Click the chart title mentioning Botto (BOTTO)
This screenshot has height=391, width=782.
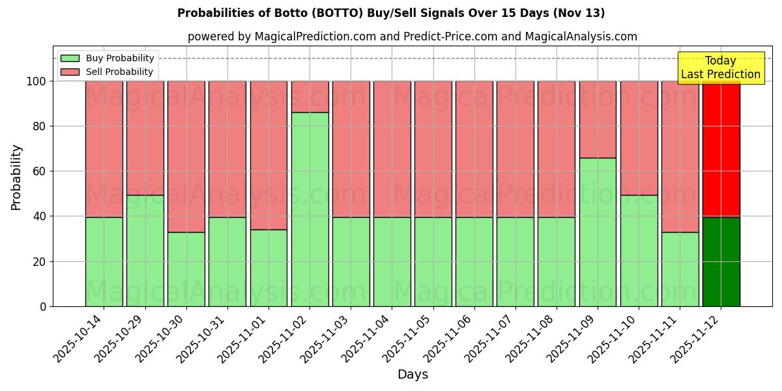(391, 13)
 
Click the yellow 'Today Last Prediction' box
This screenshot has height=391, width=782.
(720, 68)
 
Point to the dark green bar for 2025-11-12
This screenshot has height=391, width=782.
(721, 261)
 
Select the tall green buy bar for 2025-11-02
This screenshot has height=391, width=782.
(310, 209)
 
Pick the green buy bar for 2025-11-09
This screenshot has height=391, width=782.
(598, 232)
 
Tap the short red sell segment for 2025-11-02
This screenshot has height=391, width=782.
(310, 96)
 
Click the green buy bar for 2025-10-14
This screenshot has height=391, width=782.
(104, 261)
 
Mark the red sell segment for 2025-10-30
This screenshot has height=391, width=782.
(186, 156)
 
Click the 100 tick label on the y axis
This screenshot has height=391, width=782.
(35, 81)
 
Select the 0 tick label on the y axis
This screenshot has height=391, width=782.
(43, 306)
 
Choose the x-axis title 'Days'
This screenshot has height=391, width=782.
(413, 375)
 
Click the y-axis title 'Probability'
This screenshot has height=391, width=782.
(16, 177)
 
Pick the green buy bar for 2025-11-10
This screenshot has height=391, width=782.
(639, 250)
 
